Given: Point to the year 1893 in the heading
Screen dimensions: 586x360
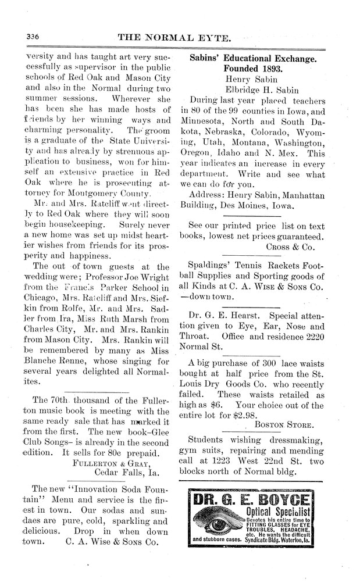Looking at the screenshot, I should click(271, 70).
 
